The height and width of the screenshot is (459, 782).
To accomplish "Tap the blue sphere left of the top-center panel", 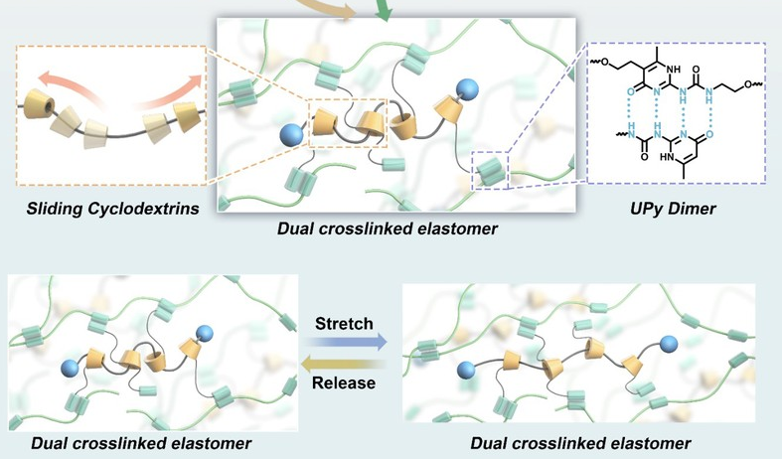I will point(292,133).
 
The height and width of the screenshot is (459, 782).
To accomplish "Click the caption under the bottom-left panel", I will point(140,440).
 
